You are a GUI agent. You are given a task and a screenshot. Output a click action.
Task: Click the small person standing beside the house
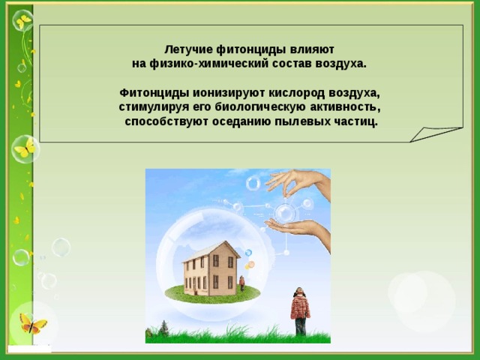click(241, 283)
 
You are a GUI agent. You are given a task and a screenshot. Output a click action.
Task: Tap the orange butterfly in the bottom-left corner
click(32, 323)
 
